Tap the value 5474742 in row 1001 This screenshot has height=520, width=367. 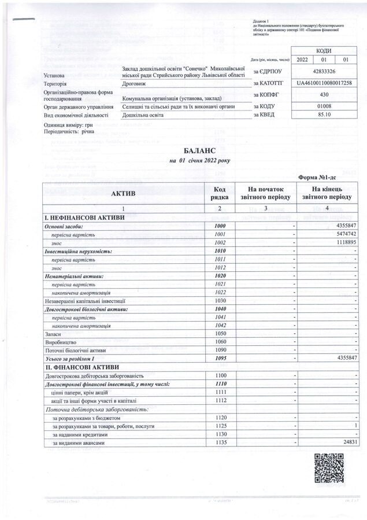(343, 234)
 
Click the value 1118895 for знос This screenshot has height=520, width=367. (343, 243)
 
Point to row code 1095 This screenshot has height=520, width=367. (219, 359)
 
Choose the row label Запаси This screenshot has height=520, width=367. (54, 334)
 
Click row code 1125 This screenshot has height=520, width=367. (219, 426)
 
